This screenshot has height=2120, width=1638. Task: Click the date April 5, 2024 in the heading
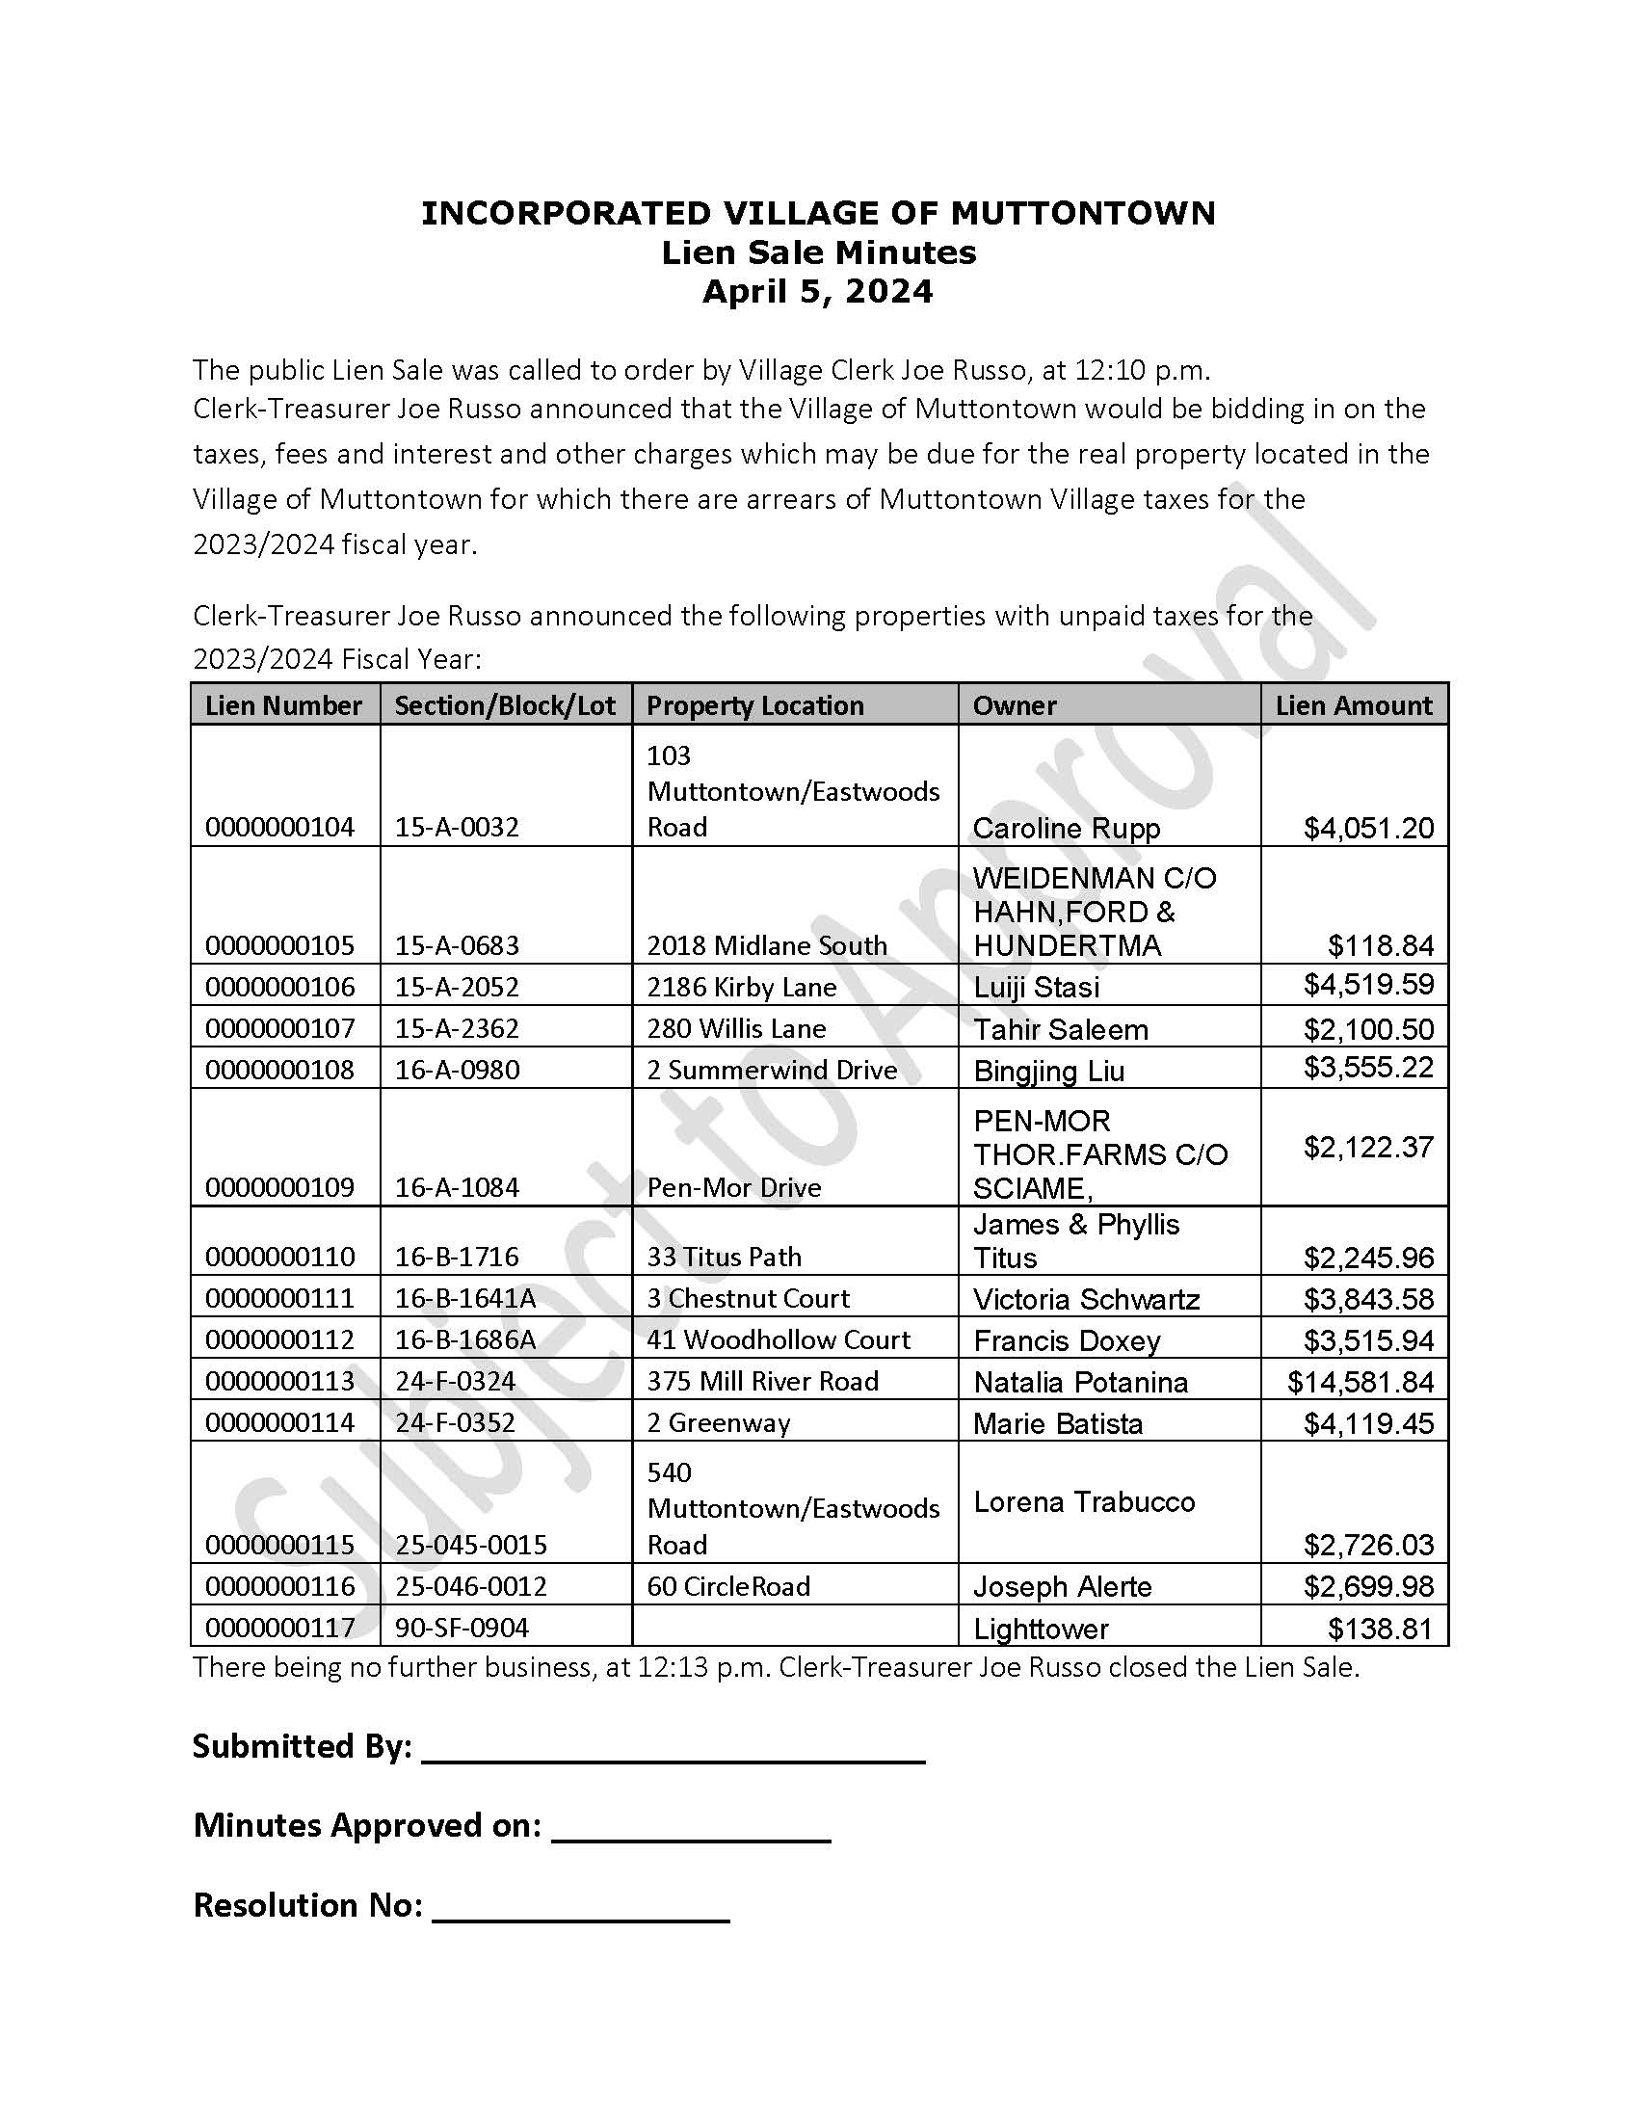coord(817,291)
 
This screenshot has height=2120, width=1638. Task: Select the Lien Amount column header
coord(1354,705)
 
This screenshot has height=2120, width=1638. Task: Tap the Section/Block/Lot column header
coord(505,705)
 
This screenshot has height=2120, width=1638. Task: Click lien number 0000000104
coord(279,827)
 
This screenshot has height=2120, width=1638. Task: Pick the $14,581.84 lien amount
coord(1361,1381)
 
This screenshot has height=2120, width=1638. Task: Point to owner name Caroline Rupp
coord(1067,828)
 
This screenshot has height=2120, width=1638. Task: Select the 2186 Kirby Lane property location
coord(741,987)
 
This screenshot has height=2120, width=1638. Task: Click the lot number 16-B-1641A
coord(464,1298)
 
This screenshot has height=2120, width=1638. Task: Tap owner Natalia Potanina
coord(1080,1381)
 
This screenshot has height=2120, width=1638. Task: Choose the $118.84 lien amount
coord(1380,945)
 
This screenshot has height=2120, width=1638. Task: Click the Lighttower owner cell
coord(1041,1628)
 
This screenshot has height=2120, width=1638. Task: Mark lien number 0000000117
coord(279,1627)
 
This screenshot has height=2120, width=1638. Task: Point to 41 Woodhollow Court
coord(779,1339)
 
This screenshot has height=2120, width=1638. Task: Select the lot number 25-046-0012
coord(470,1586)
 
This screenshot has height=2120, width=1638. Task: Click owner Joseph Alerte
coord(1063,1586)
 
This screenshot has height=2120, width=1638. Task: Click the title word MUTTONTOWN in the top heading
coord(1082,213)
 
